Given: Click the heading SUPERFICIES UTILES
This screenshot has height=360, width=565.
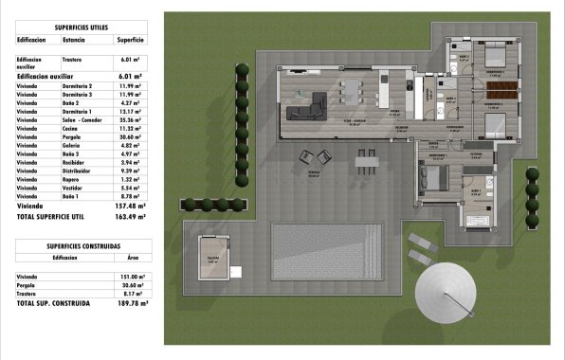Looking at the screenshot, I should click(79, 27).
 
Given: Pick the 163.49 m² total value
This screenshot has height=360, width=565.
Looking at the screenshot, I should click(130, 217).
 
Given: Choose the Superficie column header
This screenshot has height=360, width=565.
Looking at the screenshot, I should click(130, 41).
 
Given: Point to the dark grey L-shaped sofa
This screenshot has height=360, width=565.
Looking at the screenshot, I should click(307, 109).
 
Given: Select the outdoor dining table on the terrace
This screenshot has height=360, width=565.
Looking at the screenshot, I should click(367, 162).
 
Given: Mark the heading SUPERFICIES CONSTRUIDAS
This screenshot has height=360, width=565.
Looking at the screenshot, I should click(79, 245).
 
